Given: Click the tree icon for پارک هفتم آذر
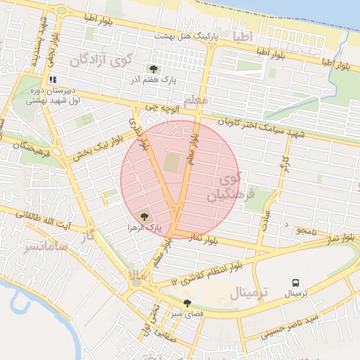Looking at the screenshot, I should point(153,68).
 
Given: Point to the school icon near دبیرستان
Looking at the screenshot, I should point(53,80).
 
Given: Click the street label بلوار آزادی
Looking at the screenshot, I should point(135,132).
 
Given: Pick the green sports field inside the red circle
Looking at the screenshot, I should point(172,162).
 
